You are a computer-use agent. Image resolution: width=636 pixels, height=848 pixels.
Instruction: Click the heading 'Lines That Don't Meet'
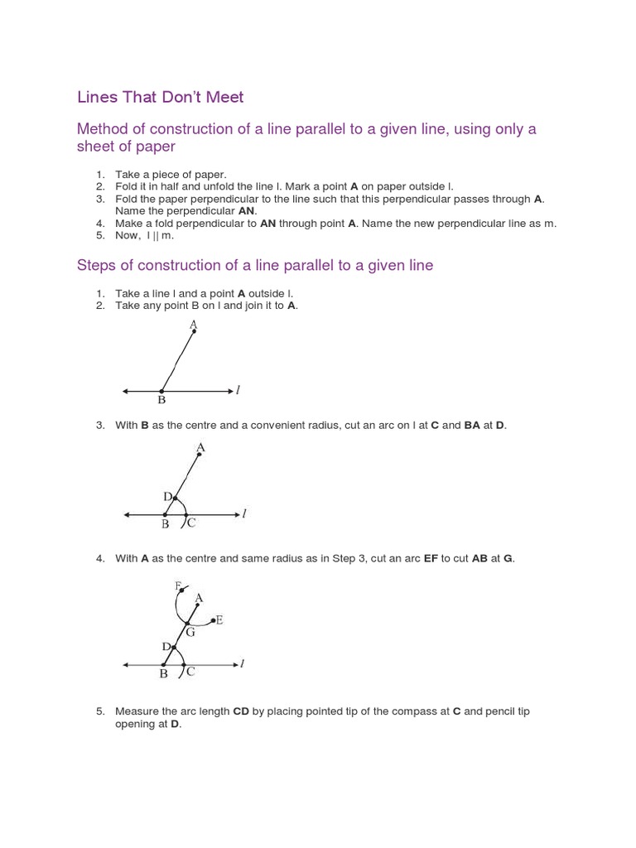click(x=160, y=97)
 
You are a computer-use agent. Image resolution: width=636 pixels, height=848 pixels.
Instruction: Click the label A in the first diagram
click(x=193, y=323)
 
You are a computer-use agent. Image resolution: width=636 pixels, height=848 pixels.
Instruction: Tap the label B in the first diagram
click(x=161, y=401)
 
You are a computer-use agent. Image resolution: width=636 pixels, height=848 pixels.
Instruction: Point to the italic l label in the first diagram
click(x=238, y=389)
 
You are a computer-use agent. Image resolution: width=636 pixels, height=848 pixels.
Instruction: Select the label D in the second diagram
click(x=167, y=496)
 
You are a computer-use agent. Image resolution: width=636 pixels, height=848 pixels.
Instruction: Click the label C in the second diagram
click(x=191, y=523)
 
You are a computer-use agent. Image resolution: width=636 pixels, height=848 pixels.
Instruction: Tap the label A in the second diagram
click(x=200, y=448)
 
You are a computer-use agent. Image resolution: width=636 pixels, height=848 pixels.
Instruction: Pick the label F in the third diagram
click(x=177, y=585)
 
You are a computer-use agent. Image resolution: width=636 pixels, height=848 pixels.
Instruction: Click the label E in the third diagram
click(x=219, y=619)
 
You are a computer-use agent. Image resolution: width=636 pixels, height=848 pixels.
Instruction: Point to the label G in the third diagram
click(x=190, y=633)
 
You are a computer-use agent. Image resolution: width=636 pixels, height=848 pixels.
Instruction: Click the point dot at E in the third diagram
click(x=212, y=619)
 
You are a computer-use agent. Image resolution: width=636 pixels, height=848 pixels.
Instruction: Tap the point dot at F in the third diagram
click(x=182, y=591)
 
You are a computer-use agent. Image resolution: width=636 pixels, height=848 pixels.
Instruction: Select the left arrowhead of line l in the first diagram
click(x=125, y=391)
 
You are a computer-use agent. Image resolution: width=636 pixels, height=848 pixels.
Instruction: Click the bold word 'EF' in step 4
click(x=431, y=559)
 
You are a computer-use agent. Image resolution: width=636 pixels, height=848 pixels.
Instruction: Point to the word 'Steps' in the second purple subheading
click(x=99, y=266)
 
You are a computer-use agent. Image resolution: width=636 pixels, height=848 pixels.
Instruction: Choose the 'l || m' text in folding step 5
click(x=160, y=235)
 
